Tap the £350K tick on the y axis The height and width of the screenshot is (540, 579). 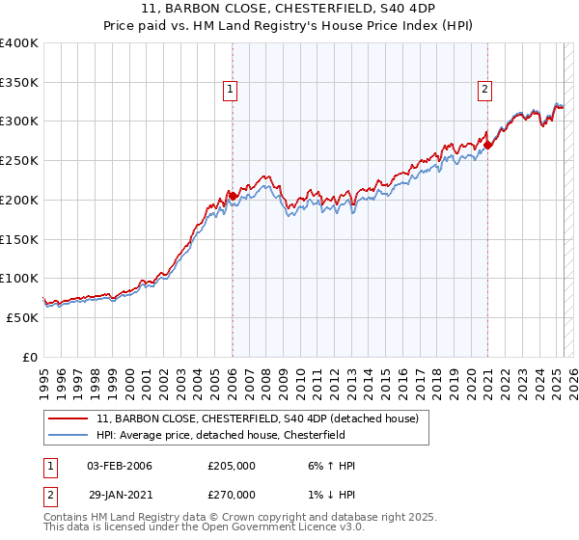pos(19,83)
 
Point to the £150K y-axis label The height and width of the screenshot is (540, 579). pos(19,239)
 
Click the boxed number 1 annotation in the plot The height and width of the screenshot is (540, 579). pos(232,91)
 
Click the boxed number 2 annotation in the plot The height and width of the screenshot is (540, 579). pos(484,91)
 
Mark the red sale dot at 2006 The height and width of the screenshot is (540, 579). pos(233,197)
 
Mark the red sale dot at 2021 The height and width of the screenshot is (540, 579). pos(488,146)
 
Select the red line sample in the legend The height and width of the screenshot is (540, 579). pos(69,419)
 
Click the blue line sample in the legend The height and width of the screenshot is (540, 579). pos(69,435)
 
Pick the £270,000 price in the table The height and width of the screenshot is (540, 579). pos(232,494)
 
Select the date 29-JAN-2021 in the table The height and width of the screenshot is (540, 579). pos(119,494)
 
